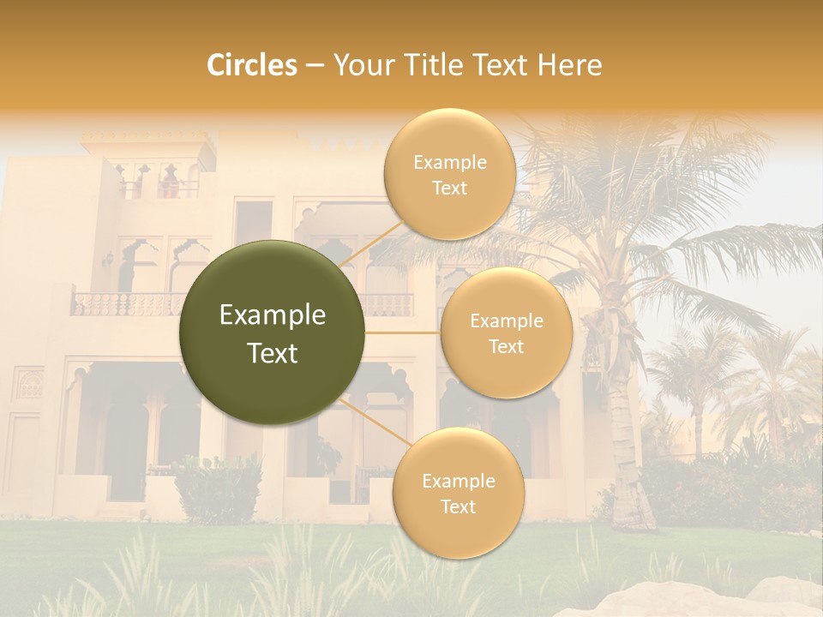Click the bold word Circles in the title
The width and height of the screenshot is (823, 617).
click(x=251, y=65)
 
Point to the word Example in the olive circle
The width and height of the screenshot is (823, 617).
click(x=273, y=315)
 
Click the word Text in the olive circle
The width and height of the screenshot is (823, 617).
click(x=273, y=353)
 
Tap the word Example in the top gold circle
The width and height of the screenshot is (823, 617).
click(x=450, y=163)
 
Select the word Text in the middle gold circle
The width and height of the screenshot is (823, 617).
click(x=506, y=347)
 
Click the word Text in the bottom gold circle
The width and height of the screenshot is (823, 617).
click(x=458, y=507)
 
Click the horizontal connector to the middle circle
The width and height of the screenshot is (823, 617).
click(x=402, y=332)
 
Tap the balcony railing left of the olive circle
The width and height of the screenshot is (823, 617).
click(x=129, y=303)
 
